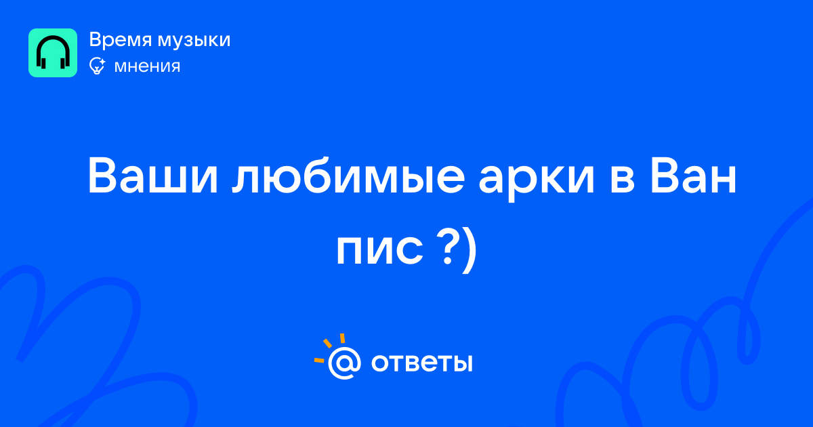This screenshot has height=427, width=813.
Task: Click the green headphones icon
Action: [x=53, y=53]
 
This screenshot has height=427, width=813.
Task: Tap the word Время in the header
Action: [x=121, y=39]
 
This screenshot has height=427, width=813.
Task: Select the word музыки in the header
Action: [x=194, y=41]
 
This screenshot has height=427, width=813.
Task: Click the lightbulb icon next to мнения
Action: [x=97, y=66]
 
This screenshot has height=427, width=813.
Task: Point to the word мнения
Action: [x=147, y=66]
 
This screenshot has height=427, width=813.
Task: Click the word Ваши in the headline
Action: [x=153, y=176]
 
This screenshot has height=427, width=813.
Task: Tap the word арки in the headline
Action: [x=537, y=180]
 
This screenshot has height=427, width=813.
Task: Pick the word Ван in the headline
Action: [x=693, y=176]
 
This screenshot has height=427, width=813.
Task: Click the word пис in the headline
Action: [x=379, y=251]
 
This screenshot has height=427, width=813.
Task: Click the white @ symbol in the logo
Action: [x=344, y=363]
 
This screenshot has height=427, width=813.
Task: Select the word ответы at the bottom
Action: [x=421, y=363]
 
